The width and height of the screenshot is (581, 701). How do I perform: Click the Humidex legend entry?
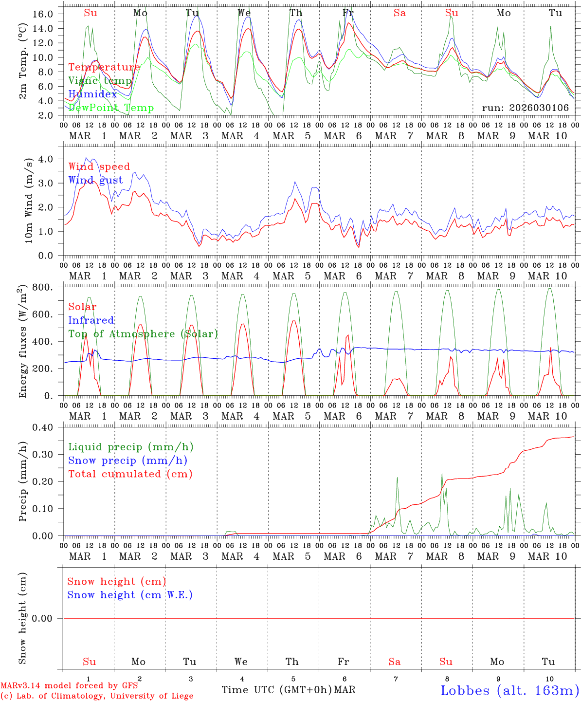[x=93, y=94]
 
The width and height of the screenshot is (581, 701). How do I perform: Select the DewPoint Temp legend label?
[x=111, y=108]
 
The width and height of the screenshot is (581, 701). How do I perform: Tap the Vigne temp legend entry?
[x=100, y=81]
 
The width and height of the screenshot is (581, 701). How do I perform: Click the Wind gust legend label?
[x=95, y=180]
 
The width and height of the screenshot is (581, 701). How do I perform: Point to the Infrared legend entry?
[x=91, y=320]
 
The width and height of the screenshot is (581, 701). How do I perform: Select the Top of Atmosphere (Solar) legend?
[x=143, y=334]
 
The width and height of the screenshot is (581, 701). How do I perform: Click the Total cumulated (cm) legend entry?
[x=130, y=474]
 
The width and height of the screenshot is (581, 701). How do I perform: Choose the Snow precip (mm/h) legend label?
[x=127, y=461]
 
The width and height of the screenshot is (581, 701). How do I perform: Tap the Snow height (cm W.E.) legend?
[x=130, y=595]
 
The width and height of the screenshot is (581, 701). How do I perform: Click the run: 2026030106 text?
[x=525, y=108]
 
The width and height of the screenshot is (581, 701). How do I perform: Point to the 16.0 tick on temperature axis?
[x=43, y=14]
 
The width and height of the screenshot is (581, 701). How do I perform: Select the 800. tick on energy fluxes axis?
[x=43, y=287]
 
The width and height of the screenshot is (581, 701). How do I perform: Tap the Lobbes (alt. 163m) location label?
[x=509, y=690]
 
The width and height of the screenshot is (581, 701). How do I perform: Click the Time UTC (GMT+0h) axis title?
[x=276, y=690]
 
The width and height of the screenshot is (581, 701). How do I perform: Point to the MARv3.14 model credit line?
[x=69, y=686]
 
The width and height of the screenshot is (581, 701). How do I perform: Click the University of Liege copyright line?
[x=96, y=696]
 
